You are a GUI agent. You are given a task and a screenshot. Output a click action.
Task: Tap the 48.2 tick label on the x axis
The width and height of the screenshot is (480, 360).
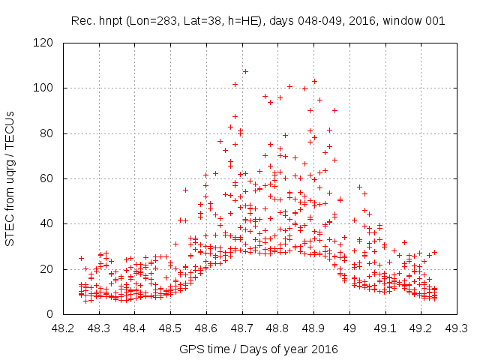click(63, 328)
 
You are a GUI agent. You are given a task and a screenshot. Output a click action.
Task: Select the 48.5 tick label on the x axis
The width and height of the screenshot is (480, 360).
click(170, 328)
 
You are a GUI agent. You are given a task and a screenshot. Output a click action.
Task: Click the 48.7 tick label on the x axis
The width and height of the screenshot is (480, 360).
click(241, 328)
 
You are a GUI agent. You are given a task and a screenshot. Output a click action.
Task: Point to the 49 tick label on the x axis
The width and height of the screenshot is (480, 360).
click(349, 328)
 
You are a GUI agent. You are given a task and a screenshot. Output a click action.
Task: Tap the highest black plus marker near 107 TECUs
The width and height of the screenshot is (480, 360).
click(245, 72)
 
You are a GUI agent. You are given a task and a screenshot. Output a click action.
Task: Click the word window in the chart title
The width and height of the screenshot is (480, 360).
click(403, 21)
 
